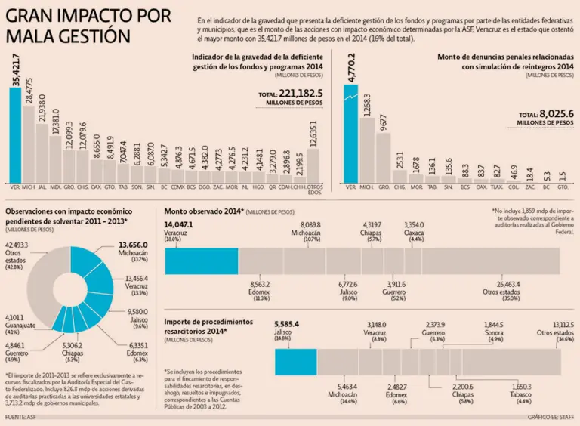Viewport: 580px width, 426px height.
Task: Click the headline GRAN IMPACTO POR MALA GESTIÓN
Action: click(x=83, y=26)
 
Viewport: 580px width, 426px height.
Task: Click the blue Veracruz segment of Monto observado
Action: click(x=201, y=261)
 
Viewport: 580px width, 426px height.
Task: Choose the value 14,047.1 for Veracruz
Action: click(x=180, y=224)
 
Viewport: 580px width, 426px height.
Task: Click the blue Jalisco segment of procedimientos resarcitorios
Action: click(x=295, y=361)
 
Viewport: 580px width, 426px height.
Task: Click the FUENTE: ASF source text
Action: click(x=21, y=417)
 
